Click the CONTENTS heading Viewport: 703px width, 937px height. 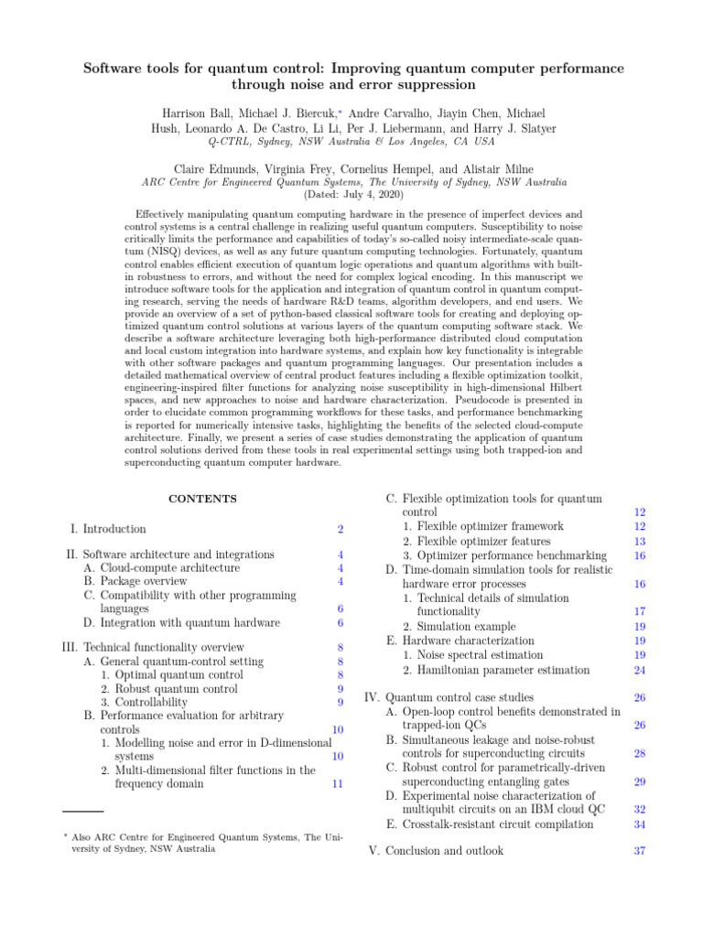(x=203, y=499)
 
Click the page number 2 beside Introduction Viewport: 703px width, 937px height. (x=340, y=529)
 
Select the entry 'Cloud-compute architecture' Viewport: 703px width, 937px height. (x=161, y=567)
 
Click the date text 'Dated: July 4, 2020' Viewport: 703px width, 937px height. (x=351, y=195)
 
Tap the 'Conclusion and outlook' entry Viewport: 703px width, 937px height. (x=444, y=850)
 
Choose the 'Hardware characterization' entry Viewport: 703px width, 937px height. (x=468, y=641)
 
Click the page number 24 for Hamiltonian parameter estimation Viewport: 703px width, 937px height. (x=640, y=670)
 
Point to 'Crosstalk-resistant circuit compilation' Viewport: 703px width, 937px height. (x=493, y=824)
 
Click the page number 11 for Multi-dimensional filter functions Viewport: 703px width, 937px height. (x=338, y=783)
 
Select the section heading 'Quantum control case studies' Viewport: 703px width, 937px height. (x=461, y=697)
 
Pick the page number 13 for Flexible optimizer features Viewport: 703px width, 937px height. (x=640, y=541)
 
